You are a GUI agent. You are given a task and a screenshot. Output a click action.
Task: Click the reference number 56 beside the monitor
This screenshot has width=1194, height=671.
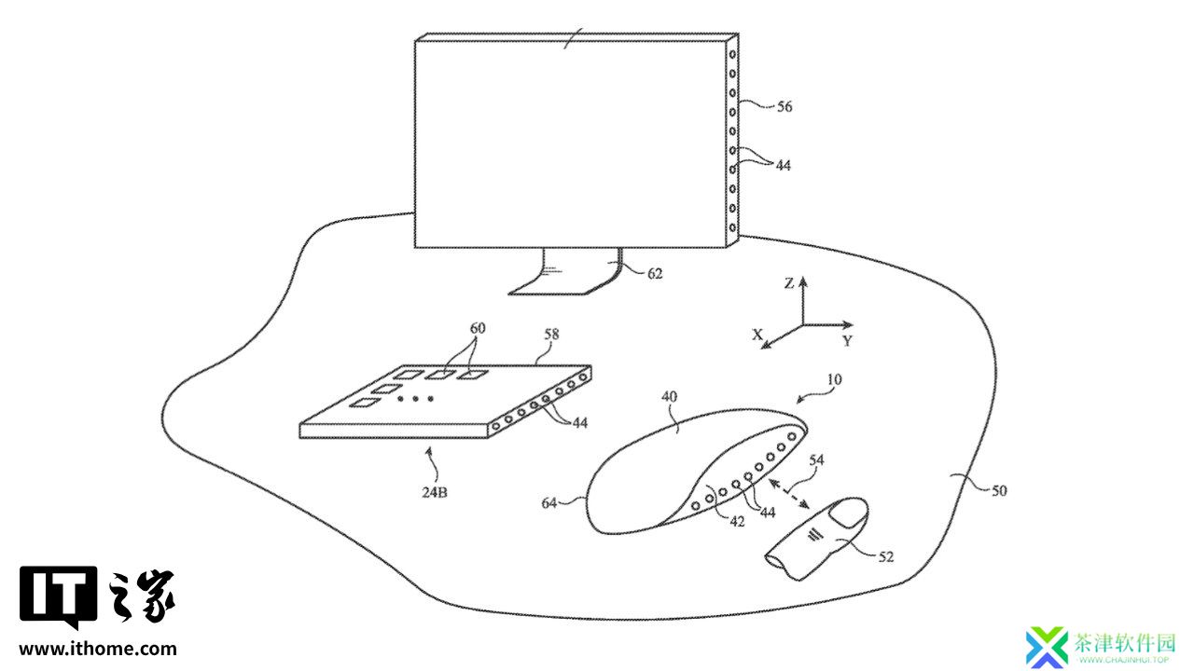coord(784,107)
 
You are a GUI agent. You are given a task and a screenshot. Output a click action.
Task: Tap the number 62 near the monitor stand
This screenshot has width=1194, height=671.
coord(655,274)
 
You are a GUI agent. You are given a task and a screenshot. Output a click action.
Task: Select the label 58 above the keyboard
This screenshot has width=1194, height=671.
coord(551,335)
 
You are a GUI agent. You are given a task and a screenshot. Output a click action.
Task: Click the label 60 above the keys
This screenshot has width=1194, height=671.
coord(478,328)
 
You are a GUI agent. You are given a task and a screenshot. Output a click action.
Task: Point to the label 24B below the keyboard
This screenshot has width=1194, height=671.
coord(435,493)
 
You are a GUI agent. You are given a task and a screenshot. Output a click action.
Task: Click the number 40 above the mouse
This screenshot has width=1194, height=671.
coord(669,397)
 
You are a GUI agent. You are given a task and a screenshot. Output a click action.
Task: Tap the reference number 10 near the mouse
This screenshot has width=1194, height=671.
coord(834,379)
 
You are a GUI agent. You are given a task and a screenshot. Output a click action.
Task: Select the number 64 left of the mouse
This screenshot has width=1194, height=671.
coord(549,503)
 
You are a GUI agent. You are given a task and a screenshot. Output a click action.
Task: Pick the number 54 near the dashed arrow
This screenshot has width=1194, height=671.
coord(816,460)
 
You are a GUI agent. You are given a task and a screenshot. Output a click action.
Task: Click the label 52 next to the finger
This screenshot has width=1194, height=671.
coord(885,557)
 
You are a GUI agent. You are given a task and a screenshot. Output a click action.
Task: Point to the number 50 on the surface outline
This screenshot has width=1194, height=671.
coord(999,491)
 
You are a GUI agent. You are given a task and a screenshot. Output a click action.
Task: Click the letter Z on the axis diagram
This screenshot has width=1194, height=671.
coord(789,284)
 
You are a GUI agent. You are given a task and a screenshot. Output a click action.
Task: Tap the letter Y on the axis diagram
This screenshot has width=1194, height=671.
coord(848,341)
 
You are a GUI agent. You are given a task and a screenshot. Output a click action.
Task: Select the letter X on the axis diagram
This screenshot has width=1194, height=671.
coord(757,335)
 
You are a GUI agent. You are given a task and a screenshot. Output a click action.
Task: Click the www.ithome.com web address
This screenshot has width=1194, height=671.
coord(98,649)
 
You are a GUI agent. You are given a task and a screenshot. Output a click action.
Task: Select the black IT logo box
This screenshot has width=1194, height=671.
coord(59,598)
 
